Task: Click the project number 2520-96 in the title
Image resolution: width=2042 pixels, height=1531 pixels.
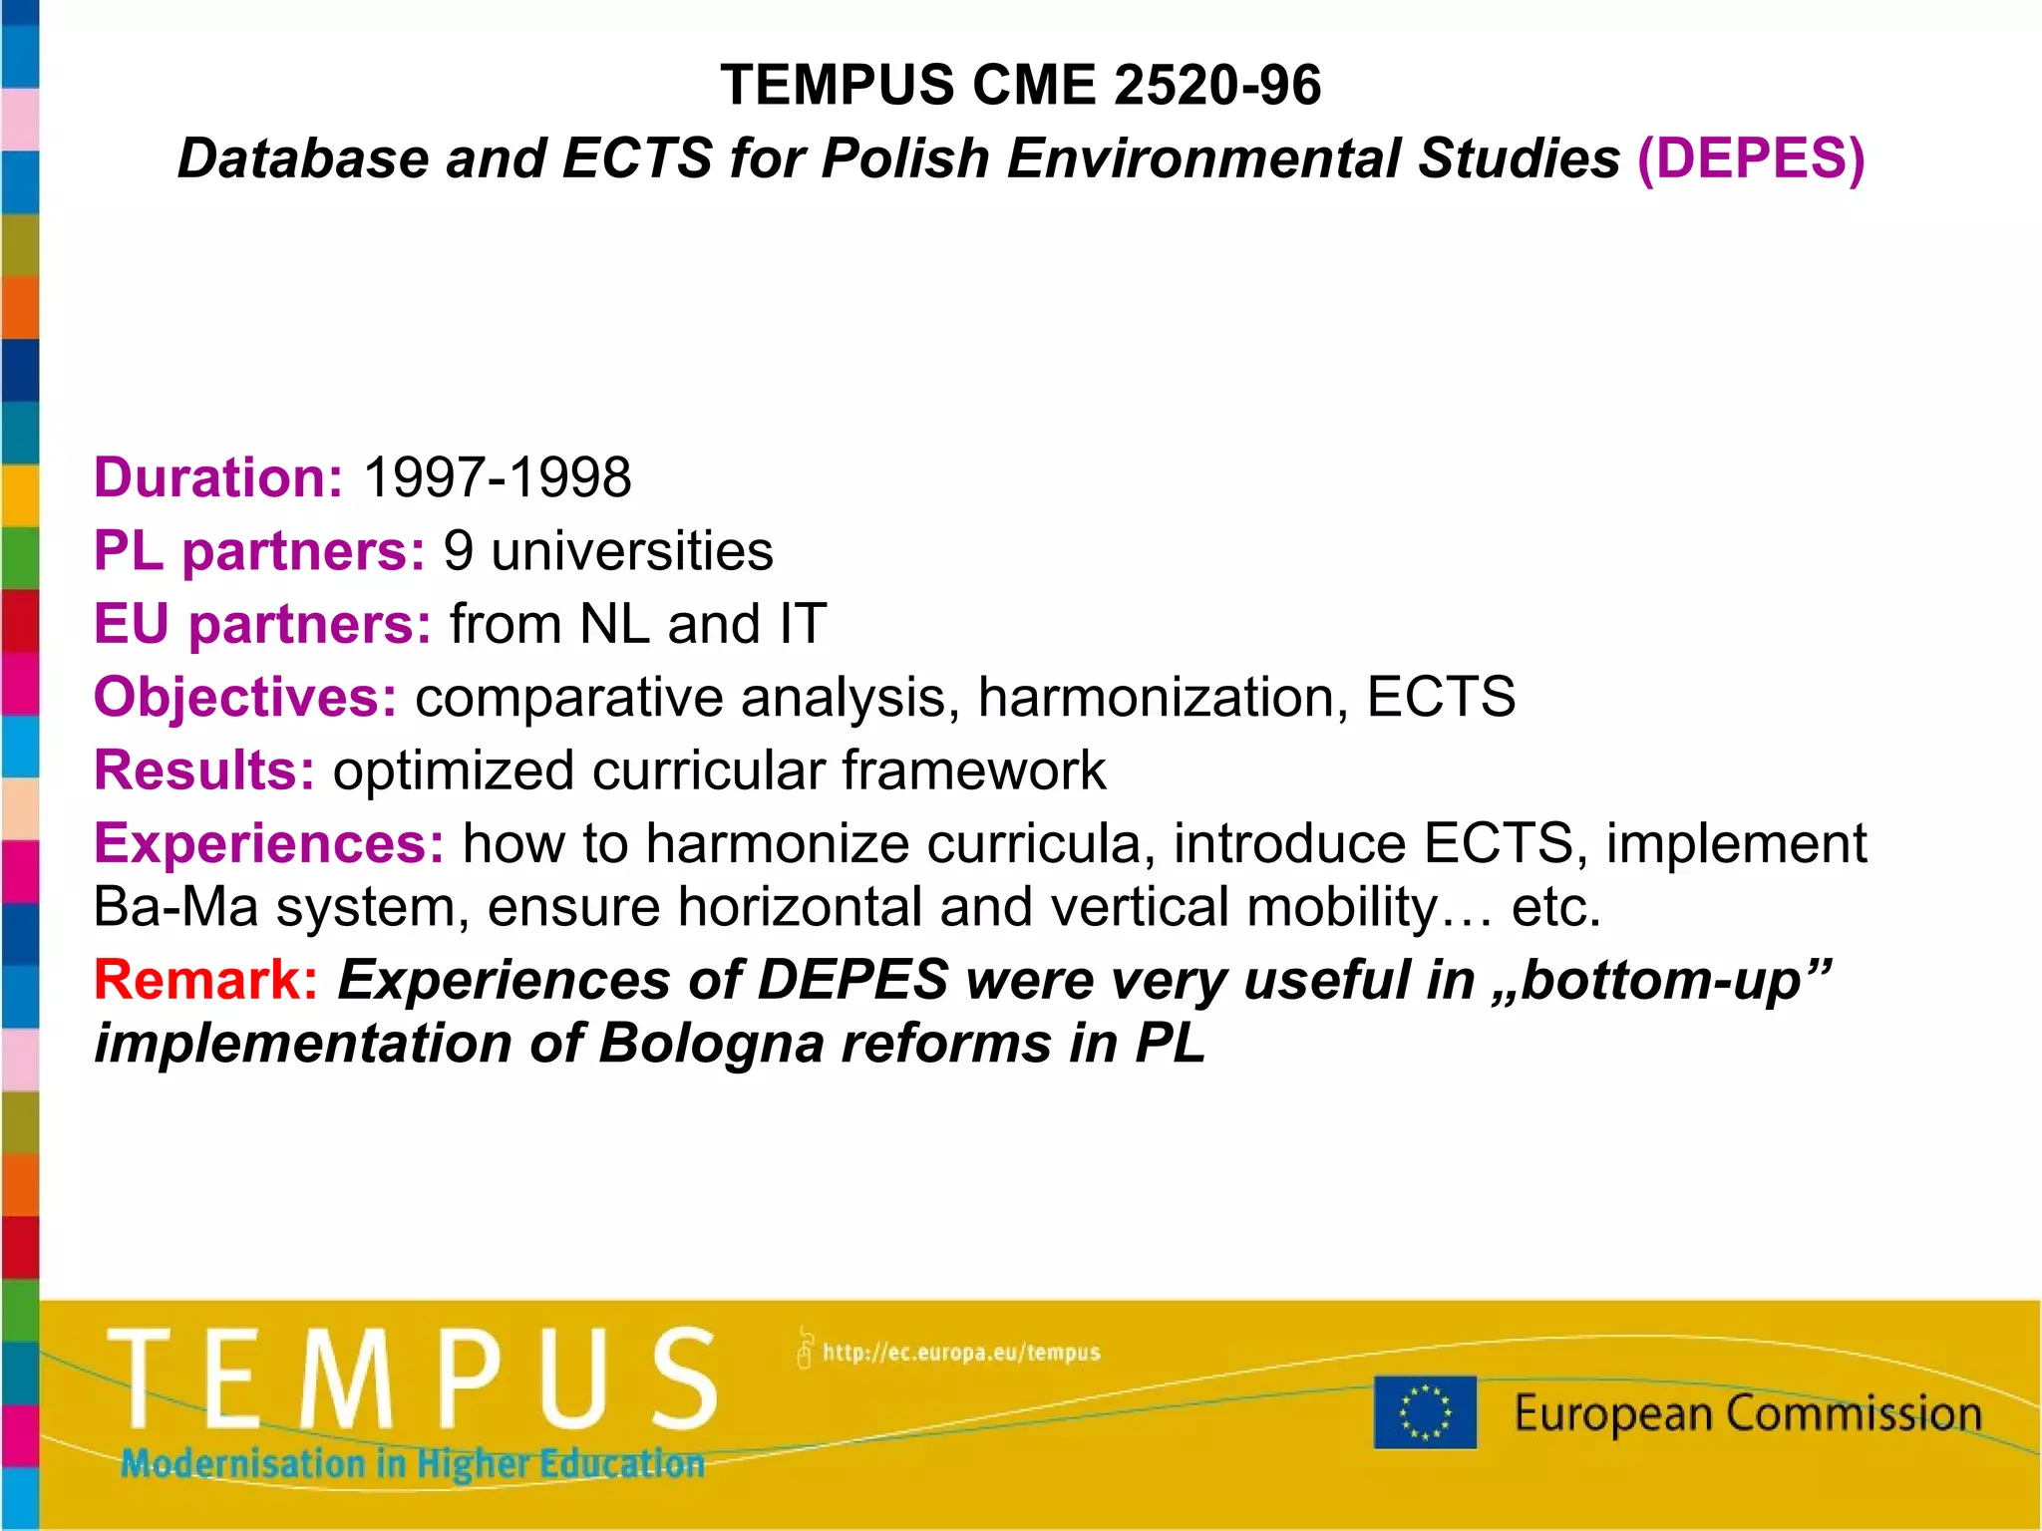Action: pos(1216,85)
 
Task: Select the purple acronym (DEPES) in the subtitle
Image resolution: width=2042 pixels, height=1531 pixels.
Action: pos(1751,159)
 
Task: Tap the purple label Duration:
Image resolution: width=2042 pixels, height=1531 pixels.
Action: pos(218,477)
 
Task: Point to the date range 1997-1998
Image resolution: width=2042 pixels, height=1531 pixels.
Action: pos(497,477)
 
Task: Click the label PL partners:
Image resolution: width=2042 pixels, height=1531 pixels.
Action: pos(259,551)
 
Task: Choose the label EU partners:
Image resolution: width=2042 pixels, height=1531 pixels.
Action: pos(262,624)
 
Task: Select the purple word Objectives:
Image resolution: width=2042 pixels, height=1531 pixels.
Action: pos(245,697)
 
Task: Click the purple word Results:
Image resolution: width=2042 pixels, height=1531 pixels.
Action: pos(204,770)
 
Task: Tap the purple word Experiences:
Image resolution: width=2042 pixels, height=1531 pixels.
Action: pos(269,844)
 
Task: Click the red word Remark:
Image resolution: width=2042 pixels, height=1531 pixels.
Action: pos(206,980)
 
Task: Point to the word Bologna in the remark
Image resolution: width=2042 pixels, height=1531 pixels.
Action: pos(712,1044)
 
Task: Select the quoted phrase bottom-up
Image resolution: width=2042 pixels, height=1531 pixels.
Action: pos(1660,980)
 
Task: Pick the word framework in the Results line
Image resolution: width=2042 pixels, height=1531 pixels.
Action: pos(973,770)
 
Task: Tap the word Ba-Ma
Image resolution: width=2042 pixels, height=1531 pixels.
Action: pos(175,908)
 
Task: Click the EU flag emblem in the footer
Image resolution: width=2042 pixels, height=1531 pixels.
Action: pos(1425,1411)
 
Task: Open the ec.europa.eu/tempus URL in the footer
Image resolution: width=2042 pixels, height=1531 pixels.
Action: pos(959,1353)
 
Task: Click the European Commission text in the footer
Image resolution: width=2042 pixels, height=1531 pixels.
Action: pos(1747,1413)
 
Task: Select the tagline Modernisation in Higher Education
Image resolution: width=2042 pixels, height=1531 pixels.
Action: pos(412,1464)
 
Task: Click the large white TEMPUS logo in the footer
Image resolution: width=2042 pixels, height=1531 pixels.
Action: pos(412,1379)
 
